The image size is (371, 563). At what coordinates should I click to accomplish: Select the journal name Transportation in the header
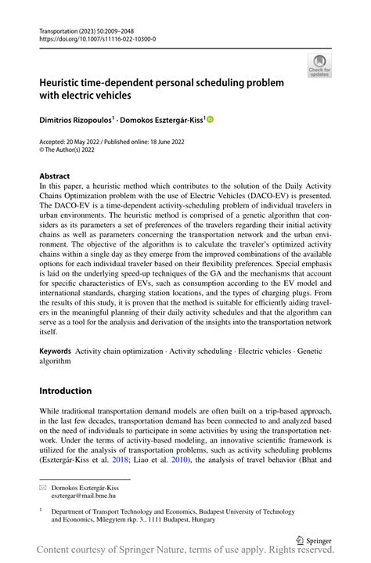click(x=62, y=28)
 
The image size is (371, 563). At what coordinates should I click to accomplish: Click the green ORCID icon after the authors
click(x=210, y=119)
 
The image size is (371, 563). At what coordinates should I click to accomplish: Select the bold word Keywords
click(x=55, y=352)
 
